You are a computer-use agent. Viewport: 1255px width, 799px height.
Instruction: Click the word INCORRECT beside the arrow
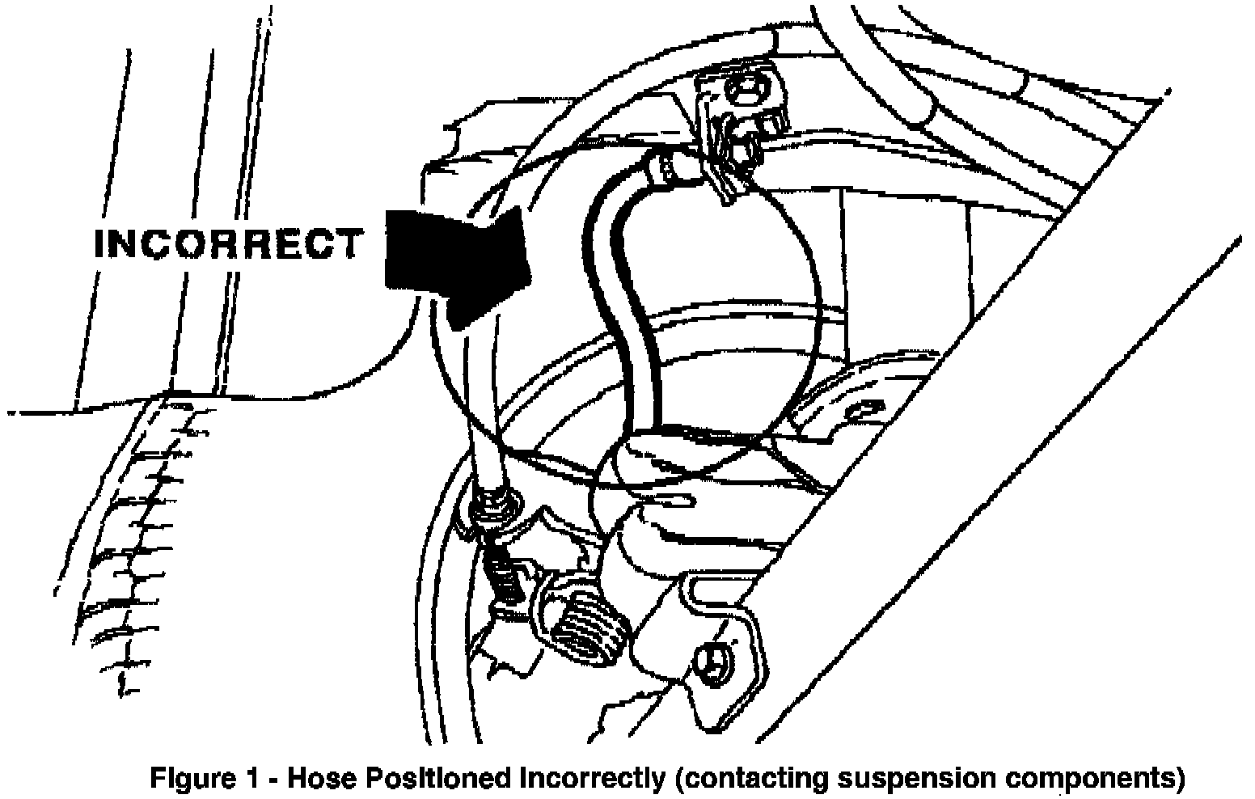(x=229, y=244)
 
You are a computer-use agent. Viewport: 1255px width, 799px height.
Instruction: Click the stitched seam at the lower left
(x=137, y=550)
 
